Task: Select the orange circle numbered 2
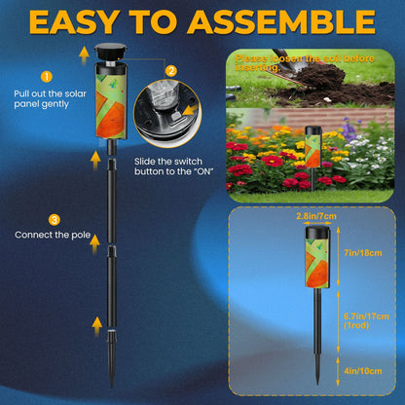tap(171, 69)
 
